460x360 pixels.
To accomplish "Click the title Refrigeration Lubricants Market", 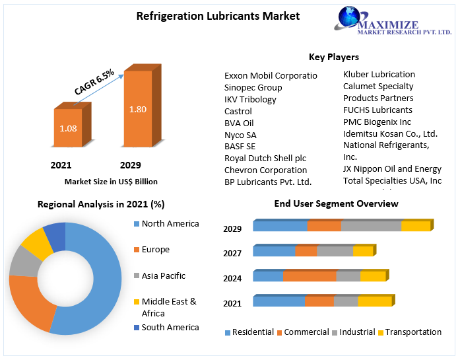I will tap(209, 16).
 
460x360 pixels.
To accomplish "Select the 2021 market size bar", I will tap(68, 128).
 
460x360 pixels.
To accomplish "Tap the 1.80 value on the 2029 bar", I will tap(137, 109).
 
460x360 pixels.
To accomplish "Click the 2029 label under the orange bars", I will tap(130, 165).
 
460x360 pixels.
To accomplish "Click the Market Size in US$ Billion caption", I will tap(111, 181).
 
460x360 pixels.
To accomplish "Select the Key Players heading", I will tap(333, 57).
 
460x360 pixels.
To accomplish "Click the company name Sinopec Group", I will tap(253, 87).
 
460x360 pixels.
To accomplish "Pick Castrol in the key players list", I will tap(238, 111).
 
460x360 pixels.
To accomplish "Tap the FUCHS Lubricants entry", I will tap(378, 110).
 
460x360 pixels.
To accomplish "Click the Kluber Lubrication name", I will tap(379, 74).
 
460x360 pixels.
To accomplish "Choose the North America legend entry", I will tap(170, 224).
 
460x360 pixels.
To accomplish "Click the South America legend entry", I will tap(170, 327).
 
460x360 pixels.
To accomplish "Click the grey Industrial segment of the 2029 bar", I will tap(371, 226).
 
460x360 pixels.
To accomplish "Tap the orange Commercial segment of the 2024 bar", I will tap(310, 276).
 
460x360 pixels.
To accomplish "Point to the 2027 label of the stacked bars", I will tap(232, 254).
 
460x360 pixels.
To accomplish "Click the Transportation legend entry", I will tap(412, 332).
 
